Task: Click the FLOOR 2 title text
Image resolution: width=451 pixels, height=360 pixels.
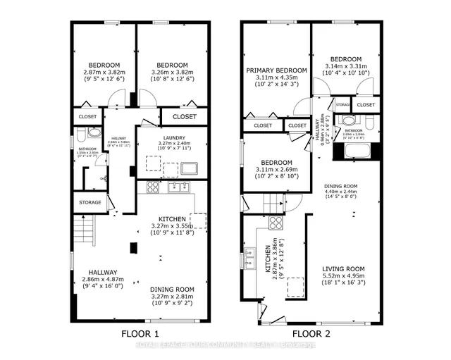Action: [311, 333]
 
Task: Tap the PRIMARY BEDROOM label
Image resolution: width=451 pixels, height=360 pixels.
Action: [276, 71]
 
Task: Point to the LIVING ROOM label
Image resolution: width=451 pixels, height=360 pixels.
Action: [343, 269]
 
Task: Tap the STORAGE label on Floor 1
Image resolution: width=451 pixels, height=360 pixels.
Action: [88, 203]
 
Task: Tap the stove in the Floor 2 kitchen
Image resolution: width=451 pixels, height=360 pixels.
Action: [275, 225]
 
